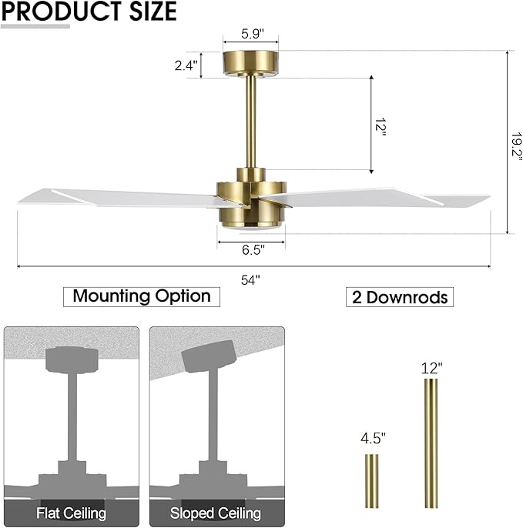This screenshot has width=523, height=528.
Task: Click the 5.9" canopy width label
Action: tap(250, 34)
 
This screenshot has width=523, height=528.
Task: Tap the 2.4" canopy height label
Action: tap(186, 65)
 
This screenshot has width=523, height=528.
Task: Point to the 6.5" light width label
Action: tap(252, 250)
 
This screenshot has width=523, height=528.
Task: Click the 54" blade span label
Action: tap(251, 280)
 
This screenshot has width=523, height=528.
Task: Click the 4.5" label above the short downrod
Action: tap(373, 439)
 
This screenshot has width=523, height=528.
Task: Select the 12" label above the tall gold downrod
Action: tap(432, 368)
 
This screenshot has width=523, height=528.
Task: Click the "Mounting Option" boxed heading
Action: tap(142, 296)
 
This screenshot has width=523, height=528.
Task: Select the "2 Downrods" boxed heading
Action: tap(399, 297)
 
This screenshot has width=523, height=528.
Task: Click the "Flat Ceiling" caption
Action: tap(72, 513)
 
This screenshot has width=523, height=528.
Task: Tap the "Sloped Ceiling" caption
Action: tap(216, 513)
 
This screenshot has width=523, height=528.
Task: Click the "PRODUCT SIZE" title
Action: tap(89, 12)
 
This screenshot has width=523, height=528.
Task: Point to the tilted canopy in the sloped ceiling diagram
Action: tap(208, 356)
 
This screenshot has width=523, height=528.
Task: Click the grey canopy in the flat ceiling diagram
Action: tap(72, 359)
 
